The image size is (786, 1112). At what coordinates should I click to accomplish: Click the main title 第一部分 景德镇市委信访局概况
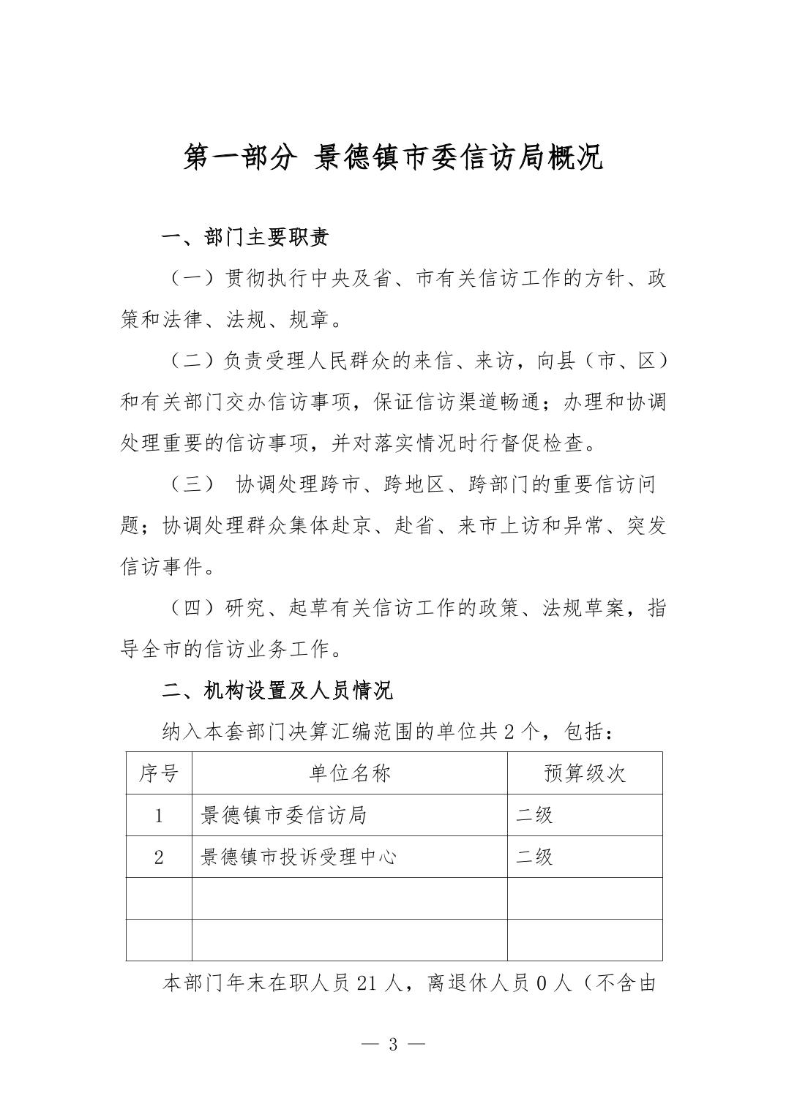click(393, 158)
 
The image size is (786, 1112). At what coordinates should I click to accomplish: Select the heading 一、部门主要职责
click(244, 237)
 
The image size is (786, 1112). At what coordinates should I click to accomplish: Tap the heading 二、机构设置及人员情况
click(277, 689)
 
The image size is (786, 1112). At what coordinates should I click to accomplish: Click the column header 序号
click(159, 773)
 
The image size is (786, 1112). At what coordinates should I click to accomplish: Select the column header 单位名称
click(350, 773)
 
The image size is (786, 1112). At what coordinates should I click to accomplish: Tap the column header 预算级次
click(585, 773)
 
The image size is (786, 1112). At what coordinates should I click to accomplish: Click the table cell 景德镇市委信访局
click(284, 815)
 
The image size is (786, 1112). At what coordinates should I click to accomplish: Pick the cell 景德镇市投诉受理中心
click(299, 857)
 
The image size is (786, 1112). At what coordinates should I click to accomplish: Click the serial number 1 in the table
click(159, 816)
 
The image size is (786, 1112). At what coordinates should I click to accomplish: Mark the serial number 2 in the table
click(159, 857)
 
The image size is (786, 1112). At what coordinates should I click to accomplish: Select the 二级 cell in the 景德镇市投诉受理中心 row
click(535, 857)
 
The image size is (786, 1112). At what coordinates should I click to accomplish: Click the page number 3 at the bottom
click(393, 1044)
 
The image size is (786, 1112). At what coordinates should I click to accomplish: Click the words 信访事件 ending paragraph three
click(161, 567)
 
